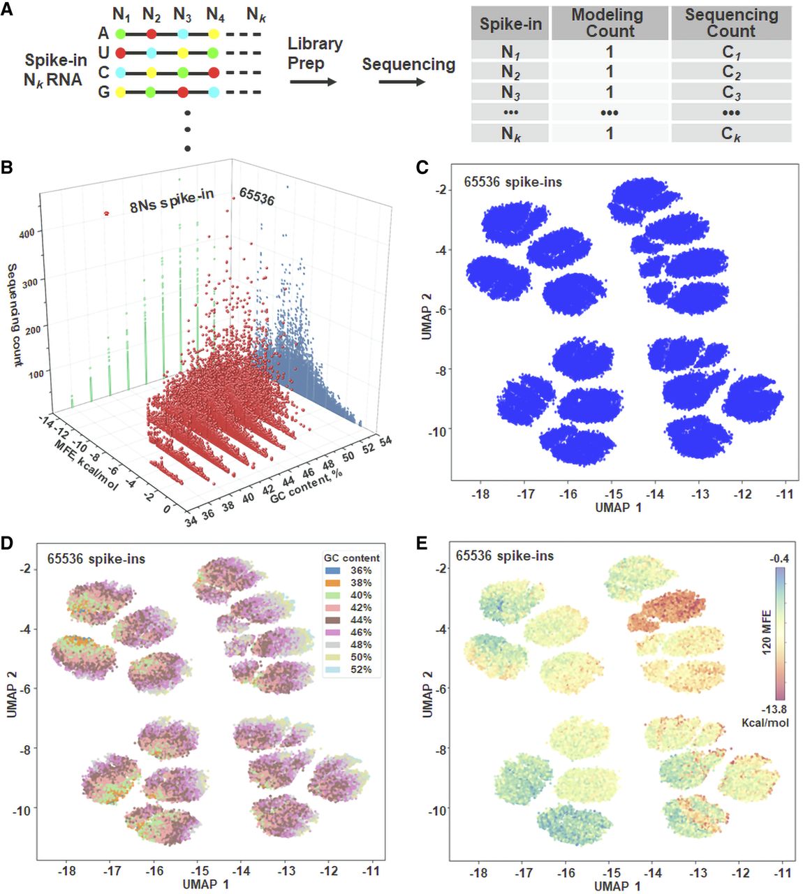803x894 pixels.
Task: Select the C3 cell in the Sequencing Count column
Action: tap(731, 91)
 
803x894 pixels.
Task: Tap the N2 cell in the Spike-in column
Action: tap(510, 72)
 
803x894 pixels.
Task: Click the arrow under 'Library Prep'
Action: tap(314, 82)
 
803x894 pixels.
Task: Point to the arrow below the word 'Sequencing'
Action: tap(402, 82)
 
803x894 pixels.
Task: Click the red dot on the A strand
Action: tap(152, 34)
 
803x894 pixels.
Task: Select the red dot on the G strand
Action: tap(183, 92)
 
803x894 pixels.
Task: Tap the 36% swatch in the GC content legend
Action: tap(332, 570)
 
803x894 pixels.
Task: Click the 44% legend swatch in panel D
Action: tap(332, 620)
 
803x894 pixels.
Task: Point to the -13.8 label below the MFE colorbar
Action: tap(774, 709)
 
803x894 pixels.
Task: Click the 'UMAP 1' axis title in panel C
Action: tap(618, 508)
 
